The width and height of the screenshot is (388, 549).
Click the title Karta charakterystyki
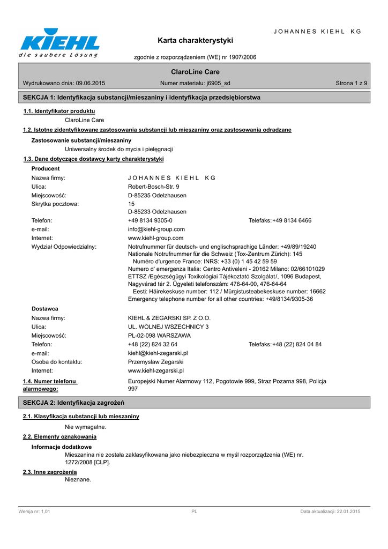[195, 40]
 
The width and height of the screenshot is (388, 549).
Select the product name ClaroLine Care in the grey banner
[195, 72]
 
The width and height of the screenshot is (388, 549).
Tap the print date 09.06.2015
[91, 83]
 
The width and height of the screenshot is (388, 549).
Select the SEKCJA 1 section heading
[141, 98]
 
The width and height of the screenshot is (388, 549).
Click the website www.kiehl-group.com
[156, 238]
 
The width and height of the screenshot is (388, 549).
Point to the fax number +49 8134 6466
[292, 220]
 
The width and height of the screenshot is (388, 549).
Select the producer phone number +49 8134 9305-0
[150, 220]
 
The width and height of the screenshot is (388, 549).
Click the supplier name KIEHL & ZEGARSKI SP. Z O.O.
[169, 318]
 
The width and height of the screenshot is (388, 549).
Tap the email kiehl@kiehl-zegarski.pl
[158, 353]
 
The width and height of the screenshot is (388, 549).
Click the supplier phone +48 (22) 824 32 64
[153, 344]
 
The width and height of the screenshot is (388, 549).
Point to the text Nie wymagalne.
[86, 427]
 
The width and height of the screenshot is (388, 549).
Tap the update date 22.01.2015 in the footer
[346, 512]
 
